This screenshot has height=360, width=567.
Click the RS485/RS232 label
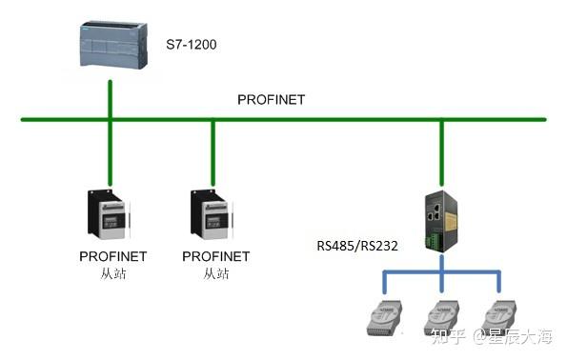(356, 245)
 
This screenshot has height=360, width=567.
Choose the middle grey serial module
(441, 316)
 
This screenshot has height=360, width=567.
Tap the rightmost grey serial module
(497, 316)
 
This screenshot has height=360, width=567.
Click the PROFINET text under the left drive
(112, 257)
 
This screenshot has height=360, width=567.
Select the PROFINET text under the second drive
(215, 257)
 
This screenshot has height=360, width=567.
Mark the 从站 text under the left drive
(112, 274)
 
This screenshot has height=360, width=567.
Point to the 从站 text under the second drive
(215, 274)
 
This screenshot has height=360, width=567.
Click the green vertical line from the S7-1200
(111, 100)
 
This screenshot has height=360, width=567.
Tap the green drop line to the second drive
(213, 152)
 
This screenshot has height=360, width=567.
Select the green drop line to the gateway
(440, 152)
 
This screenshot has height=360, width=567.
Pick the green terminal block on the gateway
(440, 242)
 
